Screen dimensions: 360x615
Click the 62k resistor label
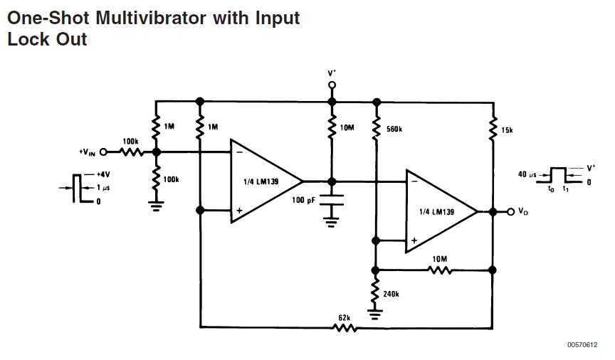(344, 317)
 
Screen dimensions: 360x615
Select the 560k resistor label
(394, 129)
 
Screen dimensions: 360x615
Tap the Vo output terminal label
(522, 212)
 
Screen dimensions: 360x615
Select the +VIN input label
(88, 152)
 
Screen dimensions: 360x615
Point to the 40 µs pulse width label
(526, 174)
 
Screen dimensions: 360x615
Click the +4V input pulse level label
(103, 174)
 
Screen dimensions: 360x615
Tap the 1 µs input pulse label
(103, 188)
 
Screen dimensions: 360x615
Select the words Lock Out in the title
(47, 40)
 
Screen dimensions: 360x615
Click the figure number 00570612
(582, 345)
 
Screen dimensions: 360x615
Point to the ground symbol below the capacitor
(330, 222)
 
